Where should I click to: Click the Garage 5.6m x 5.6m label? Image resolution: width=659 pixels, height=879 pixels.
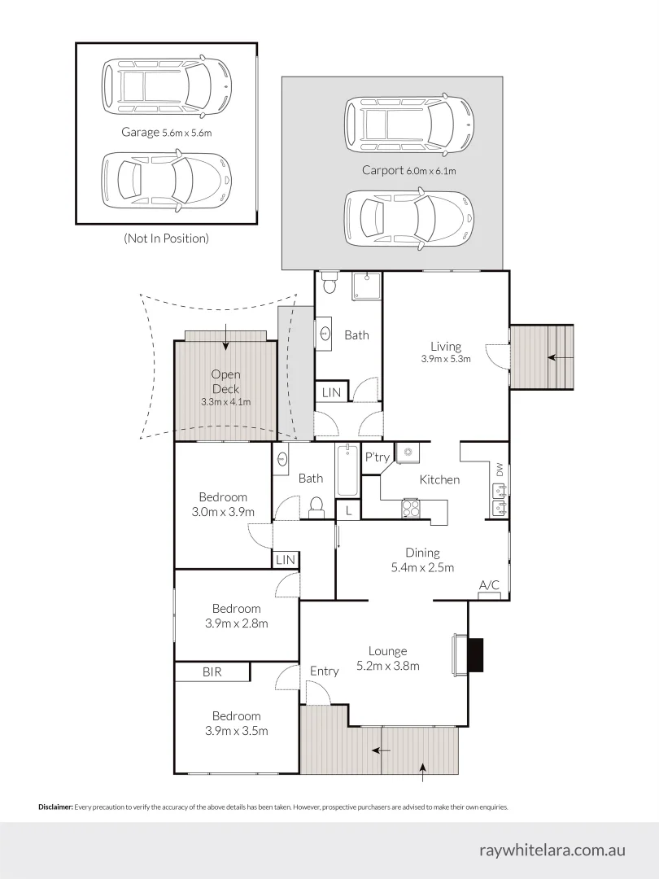pos(172,131)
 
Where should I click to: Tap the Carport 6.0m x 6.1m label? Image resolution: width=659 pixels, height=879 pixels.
pos(409,170)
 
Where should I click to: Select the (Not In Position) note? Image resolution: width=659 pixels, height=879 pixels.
pos(166,238)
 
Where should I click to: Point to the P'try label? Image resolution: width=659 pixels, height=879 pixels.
pos(377,457)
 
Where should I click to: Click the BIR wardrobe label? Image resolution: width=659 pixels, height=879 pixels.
pos(212,672)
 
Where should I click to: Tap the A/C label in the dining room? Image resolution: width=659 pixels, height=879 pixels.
pos(489,585)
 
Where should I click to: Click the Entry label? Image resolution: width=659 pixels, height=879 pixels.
pos(325,671)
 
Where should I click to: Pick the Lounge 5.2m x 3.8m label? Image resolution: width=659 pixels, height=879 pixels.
pos(387,658)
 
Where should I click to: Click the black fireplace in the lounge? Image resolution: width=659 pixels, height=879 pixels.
pos(475,654)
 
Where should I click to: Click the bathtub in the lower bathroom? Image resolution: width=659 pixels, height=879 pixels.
pos(347,470)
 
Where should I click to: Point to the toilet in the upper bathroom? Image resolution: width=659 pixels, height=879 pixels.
pos(329,282)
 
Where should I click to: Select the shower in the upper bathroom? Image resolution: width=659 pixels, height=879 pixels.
pos(366,286)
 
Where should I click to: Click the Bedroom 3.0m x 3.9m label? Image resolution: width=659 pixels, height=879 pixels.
pos(223,505)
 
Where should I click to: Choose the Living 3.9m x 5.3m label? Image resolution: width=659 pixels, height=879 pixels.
pos(446,352)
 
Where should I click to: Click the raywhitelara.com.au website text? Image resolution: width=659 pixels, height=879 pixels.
pos(552,849)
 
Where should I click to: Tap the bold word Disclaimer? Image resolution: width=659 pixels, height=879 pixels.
pos(55,807)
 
